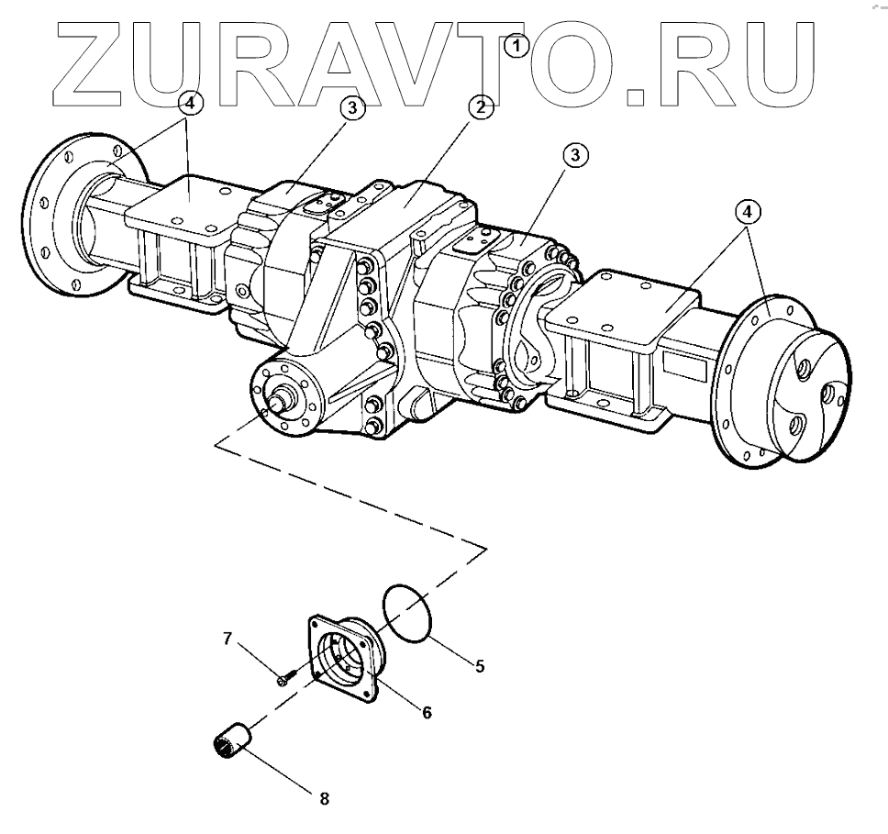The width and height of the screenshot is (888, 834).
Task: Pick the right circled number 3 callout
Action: [x=574, y=157]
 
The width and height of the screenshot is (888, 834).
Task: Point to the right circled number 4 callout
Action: [x=748, y=212]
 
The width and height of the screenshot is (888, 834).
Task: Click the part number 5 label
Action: [x=480, y=667]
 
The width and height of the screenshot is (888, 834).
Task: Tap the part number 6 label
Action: [x=427, y=711]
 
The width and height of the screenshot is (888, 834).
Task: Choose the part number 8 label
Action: [x=324, y=798]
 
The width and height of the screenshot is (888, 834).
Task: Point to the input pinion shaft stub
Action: [x=277, y=401]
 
